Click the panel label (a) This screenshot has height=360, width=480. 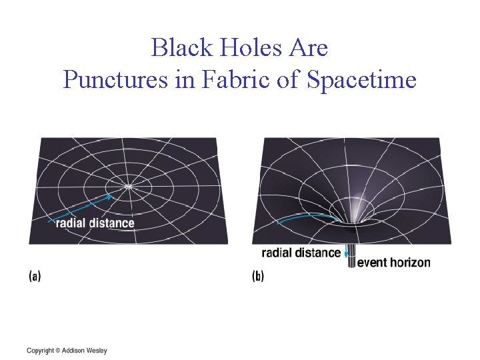pyautogui.click(x=35, y=277)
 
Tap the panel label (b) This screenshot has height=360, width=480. pyautogui.click(x=258, y=277)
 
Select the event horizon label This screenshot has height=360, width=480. pyautogui.click(x=394, y=263)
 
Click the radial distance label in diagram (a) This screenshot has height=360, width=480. pyautogui.click(x=95, y=223)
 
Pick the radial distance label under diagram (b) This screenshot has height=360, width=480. pyautogui.click(x=301, y=253)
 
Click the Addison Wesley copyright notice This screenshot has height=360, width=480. pyautogui.click(x=67, y=351)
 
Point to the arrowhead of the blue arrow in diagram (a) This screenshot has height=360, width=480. pyautogui.click(x=109, y=196)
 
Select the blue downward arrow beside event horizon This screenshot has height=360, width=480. pyautogui.click(x=347, y=256)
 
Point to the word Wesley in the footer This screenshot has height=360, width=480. pyautogui.click(x=95, y=351)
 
